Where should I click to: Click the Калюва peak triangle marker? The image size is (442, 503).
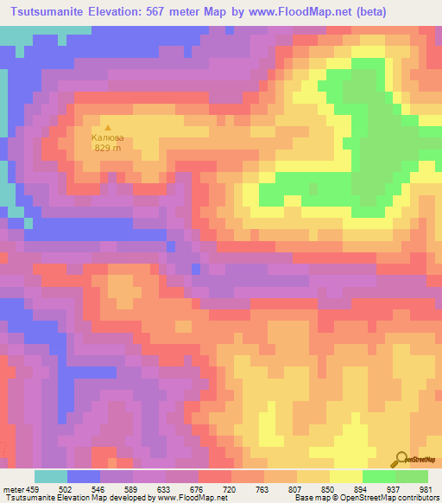pyautogui.click(x=108, y=127)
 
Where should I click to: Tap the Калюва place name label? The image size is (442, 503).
pyautogui.click(x=108, y=137)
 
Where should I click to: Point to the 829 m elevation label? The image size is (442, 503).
pyautogui.click(x=108, y=147)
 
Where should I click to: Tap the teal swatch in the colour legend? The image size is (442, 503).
pyautogui.click(x=51, y=476)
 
